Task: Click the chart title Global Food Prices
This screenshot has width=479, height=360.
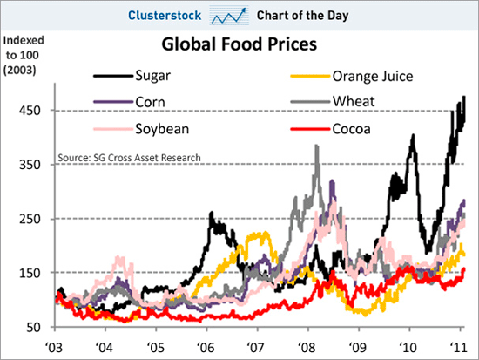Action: [239, 44]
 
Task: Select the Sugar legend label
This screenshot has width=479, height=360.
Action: [152, 76]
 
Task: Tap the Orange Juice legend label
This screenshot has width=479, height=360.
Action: [373, 76]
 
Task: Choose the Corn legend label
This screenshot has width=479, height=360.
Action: [150, 102]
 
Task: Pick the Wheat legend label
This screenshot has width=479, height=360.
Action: [354, 101]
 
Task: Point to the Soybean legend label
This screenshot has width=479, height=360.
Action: [162, 129]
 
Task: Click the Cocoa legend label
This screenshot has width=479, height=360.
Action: [351, 129]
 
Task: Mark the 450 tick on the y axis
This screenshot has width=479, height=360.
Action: [30, 111]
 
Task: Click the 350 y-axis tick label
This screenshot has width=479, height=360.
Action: [30, 165]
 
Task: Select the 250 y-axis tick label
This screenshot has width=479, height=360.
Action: [30, 219]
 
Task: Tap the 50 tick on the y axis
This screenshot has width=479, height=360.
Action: [34, 327]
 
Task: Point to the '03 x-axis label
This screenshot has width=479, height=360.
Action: [54, 348]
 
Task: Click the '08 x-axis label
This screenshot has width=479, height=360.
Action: [307, 348]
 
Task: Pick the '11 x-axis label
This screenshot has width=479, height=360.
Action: [458, 348]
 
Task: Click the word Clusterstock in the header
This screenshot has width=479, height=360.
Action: [165, 16]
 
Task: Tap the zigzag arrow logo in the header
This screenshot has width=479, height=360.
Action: [229, 16]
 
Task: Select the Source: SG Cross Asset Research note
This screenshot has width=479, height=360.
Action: [129, 158]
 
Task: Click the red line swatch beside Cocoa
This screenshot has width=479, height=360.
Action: [310, 129]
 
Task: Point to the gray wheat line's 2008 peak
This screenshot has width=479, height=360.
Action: [317, 146]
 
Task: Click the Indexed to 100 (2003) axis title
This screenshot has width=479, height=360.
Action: [24, 56]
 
